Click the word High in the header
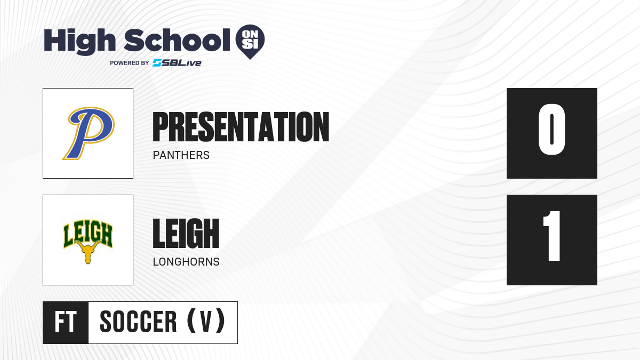(x=79, y=42)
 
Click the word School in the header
(x=177, y=40)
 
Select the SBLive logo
(x=177, y=63)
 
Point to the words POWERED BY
(x=130, y=63)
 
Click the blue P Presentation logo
(x=89, y=133)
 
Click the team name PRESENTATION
(x=241, y=127)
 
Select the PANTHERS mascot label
(x=181, y=155)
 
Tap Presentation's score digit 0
(x=551, y=129)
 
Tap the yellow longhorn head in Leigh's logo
(x=88, y=252)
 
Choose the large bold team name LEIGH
(x=186, y=234)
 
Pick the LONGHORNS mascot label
(x=186, y=262)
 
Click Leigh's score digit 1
(x=551, y=236)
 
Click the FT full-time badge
(x=66, y=322)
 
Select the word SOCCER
(x=138, y=322)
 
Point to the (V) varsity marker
(x=206, y=321)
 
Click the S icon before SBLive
(x=157, y=63)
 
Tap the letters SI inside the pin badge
(x=250, y=44)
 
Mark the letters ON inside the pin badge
(x=250, y=35)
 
